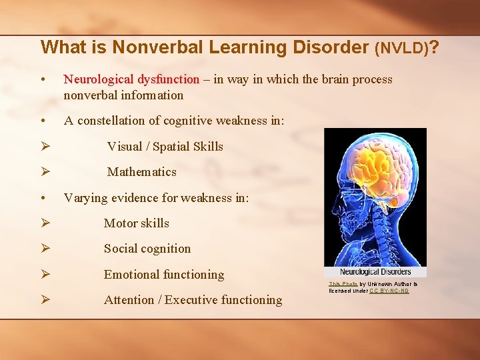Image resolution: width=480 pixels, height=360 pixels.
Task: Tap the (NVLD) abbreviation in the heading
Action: tap(401, 48)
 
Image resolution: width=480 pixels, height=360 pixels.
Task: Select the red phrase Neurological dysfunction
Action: tap(131, 79)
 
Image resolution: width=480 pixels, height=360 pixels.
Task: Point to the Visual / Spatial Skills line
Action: tap(165, 147)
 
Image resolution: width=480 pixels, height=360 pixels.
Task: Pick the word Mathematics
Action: tap(141, 172)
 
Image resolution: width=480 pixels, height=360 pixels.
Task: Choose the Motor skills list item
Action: tap(136, 223)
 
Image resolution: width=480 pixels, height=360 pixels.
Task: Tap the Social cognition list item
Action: tap(147, 249)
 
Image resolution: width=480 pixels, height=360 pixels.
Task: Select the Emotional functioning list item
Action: tap(163, 275)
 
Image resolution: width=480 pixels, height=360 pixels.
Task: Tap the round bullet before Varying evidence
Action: tap(43, 198)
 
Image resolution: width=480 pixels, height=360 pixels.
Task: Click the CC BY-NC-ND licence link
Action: tap(389, 291)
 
